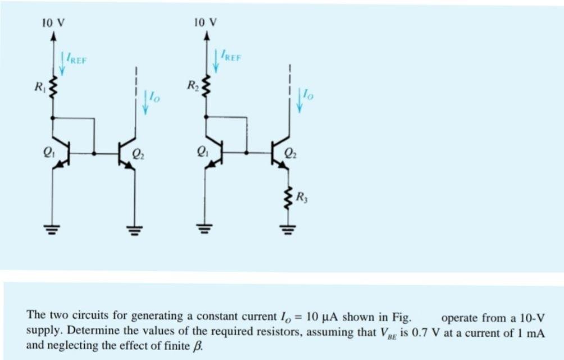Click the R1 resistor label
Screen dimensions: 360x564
tap(38, 87)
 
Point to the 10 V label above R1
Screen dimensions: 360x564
tap(53, 23)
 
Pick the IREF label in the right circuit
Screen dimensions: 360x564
tap(231, 57)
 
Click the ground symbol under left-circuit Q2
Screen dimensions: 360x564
tap(134, 229)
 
